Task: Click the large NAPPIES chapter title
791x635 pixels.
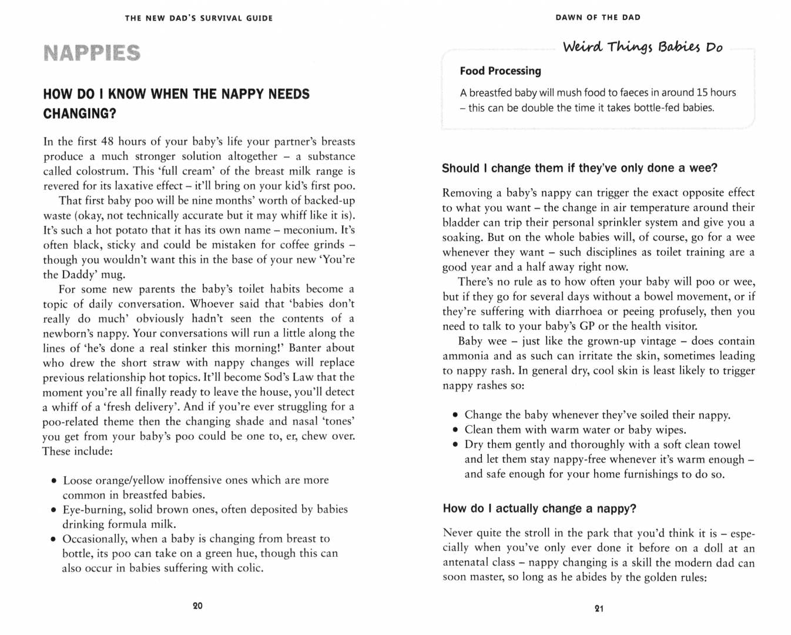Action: click(x=92, y=54)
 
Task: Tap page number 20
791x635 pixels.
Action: click(x=197, y=606)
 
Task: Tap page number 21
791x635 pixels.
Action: click(x=599, y=609)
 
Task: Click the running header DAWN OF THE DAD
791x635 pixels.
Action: click(x=598, y=18)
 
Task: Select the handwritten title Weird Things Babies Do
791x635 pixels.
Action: click(x=642, y=47)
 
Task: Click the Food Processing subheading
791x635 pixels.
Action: click(x=500, y=71)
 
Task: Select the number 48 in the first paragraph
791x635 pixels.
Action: click(x=107, y=142)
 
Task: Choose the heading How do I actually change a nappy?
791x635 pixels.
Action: click(x=539, y=509)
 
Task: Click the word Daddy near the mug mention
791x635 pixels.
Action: click(x=81, y=275)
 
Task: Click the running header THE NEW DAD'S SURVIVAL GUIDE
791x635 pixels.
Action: click(x=199, y=18)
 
